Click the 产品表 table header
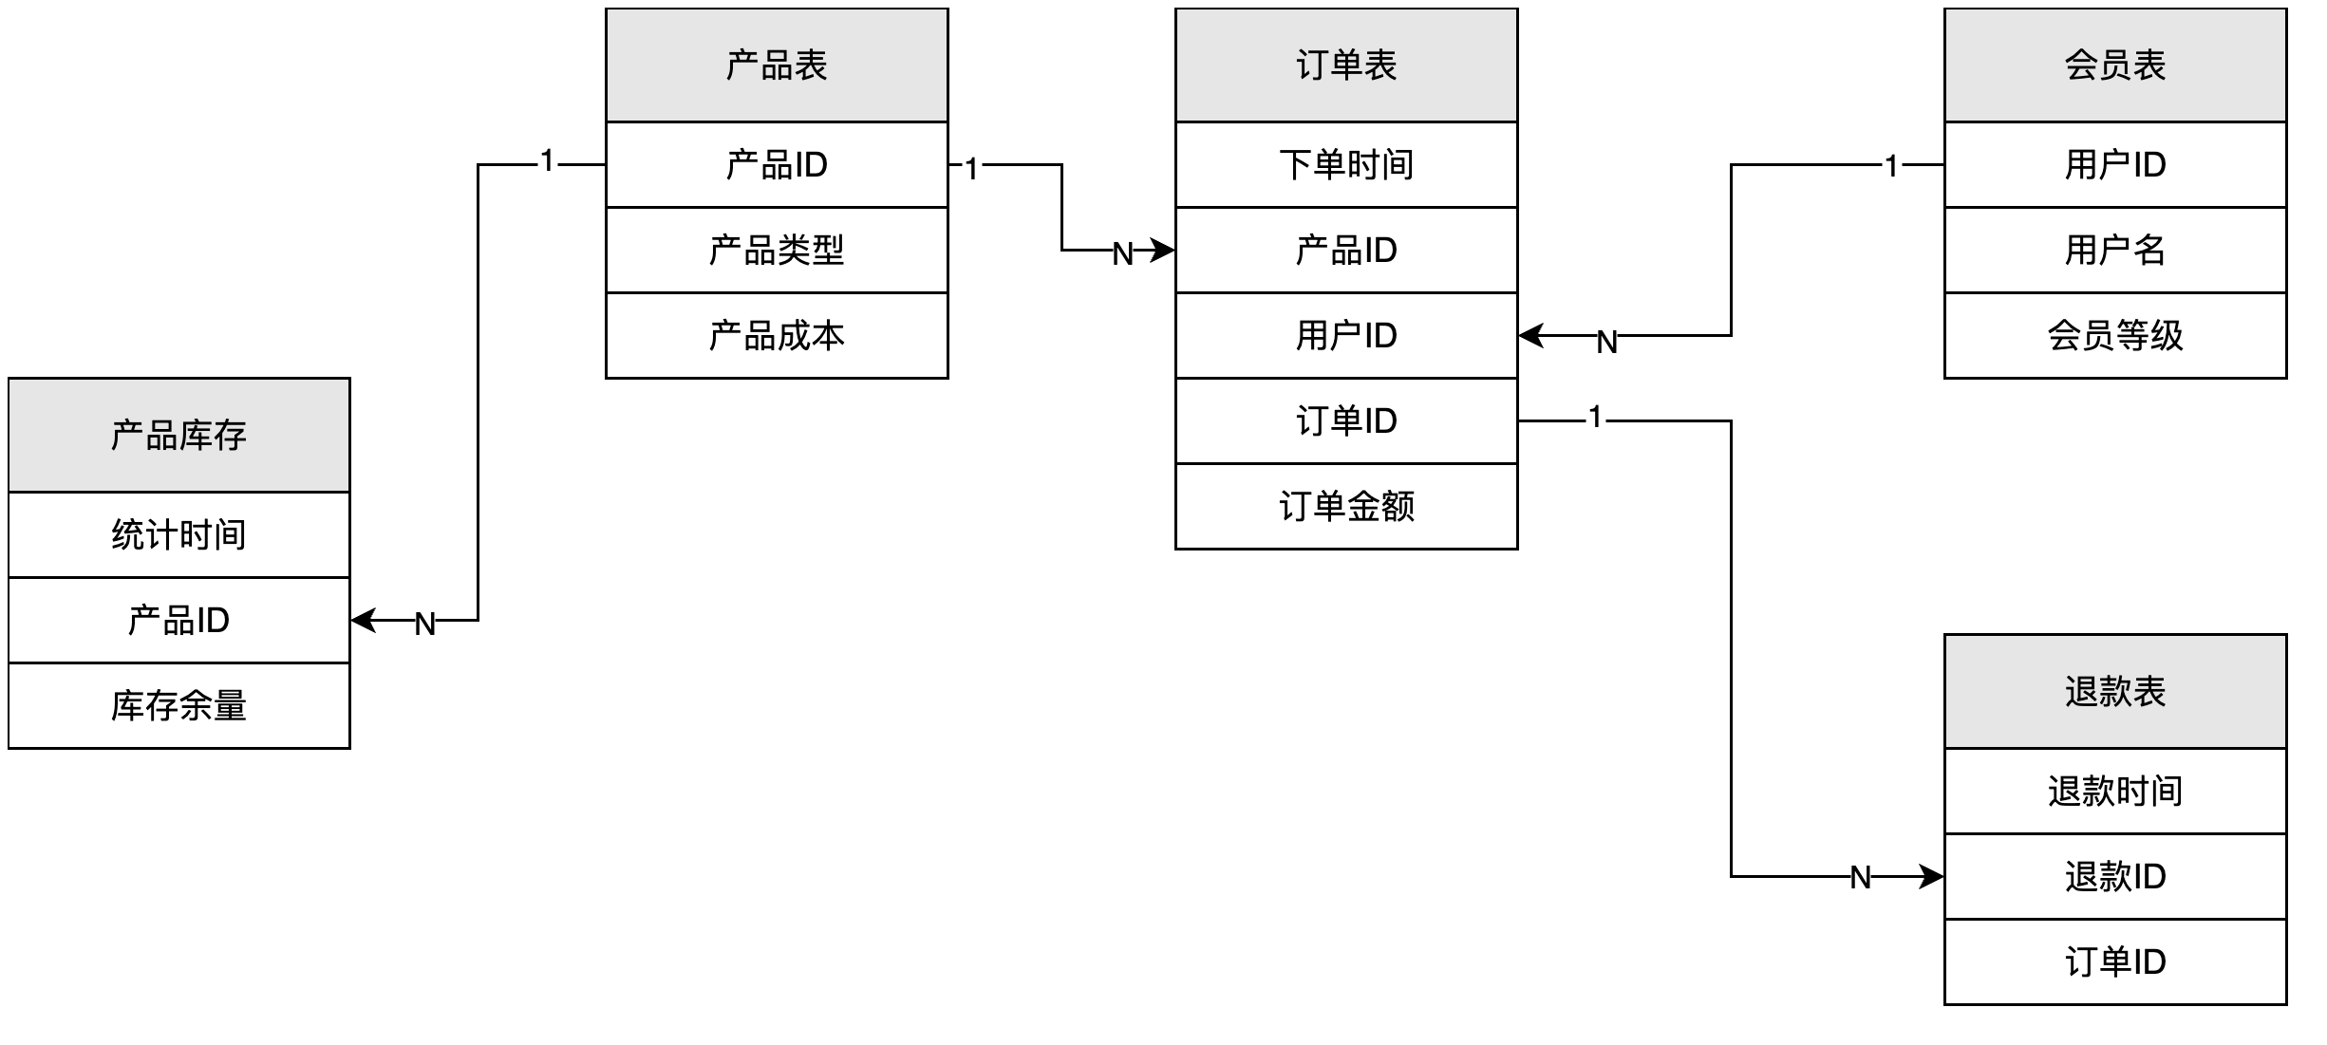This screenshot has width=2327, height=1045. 777,65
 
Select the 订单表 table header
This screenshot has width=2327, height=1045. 1346,65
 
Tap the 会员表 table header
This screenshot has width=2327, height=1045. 2114,65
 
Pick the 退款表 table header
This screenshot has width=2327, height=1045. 2114,691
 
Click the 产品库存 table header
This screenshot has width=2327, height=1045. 178,435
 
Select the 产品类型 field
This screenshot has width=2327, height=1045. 777,250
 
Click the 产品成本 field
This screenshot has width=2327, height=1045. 777,335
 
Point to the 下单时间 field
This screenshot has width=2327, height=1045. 1346,164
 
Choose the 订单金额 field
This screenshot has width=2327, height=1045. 1346,506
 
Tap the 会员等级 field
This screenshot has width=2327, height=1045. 2114,335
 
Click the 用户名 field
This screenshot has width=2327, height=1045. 2114,250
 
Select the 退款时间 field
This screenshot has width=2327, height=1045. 2114,791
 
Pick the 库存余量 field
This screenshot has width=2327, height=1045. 178,705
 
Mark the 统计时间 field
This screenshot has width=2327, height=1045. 178,534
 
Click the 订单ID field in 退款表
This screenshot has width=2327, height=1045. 2114,961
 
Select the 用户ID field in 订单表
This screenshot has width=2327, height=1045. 1346,335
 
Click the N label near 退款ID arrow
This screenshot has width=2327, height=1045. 1860,878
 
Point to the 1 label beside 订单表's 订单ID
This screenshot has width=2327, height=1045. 1595,417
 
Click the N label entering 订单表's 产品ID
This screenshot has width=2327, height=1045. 1122,253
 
